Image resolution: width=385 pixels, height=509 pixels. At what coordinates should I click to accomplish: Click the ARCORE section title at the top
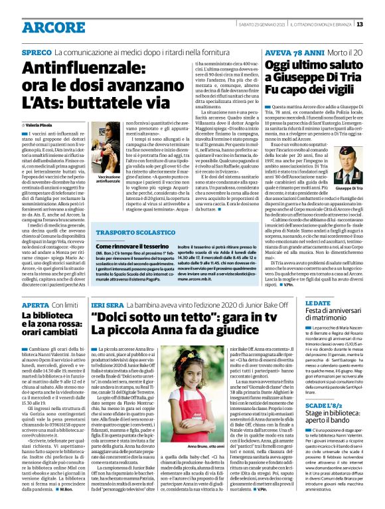pos(51,27)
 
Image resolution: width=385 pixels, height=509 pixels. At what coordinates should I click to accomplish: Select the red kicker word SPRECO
pos(37,52)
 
